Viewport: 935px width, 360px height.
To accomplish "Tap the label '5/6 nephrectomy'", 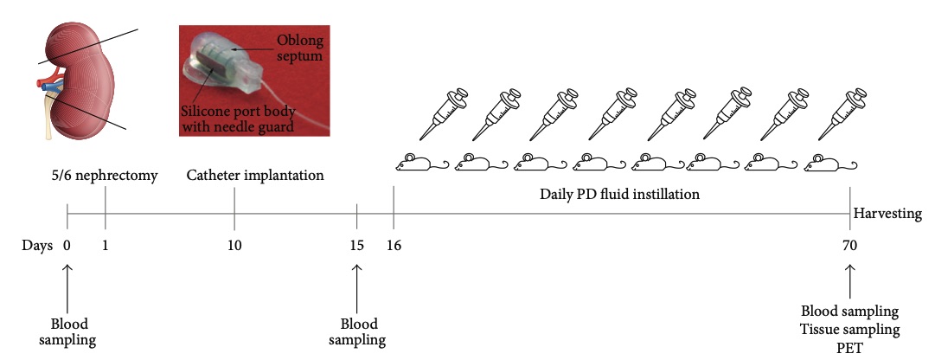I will point(104,176).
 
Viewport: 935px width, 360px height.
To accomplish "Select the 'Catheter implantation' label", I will point(255,176).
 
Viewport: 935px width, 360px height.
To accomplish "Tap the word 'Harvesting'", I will point(887,214).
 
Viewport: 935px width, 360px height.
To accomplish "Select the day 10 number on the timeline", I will point(234,245).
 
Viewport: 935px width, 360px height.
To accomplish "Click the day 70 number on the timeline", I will point(850,245).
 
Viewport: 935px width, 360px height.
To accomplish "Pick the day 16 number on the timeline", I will point(394,245).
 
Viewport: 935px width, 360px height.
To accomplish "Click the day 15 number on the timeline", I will point(356,245).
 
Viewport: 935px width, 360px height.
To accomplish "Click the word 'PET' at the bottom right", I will point(850,348).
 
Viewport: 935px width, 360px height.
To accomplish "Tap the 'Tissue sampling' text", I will point(850,330).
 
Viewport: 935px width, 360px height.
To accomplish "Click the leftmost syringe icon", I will point(443,113).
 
